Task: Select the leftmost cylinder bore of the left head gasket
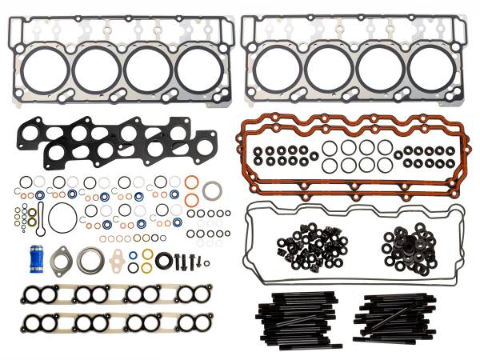tap(44, 70)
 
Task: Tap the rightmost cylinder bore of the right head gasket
tap(431, 70)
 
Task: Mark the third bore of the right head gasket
tap(380, 70)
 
